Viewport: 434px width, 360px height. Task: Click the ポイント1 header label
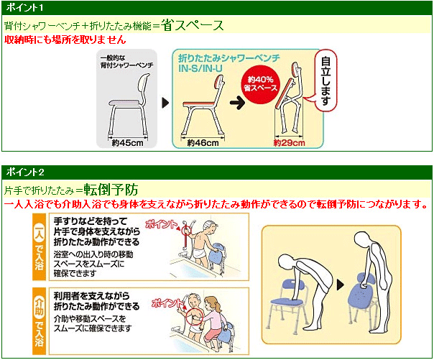pyautogui.click(x=24, y=7)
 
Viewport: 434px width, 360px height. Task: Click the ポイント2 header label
pyautogui.click(x=25, y=172)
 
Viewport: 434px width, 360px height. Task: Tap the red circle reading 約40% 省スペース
pyautogui.click(x=260, y=84)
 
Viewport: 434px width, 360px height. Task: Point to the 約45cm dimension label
pyautogui.click(x=128, y=143)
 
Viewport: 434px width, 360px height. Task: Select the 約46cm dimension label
pyautogui.click(x=203, y=143)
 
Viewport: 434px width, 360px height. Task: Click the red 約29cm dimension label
pyautogui.click(x=289, y=143)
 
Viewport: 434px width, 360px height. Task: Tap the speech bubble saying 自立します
pyautogui.click(x=324, y=80)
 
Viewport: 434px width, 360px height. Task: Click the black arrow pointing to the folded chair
pyautogui.click(x=237, y=103)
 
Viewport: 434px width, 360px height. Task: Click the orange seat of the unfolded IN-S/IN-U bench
pyautogui.click(x=199, y=103)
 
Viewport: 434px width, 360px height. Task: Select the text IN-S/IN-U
pyautogui.click(x=200, y=68)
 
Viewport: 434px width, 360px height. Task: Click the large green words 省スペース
pyautogui.click(x=192, y=25)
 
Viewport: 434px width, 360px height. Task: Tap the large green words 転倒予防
pyautogui.click(x=111, y=190)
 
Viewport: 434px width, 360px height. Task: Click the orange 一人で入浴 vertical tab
pyautogui.click(x=39, y=246)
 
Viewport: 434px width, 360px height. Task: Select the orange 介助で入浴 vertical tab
pyautogui.click(x=39, y=321)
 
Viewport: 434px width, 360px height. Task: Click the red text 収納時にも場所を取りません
pyautogui.click(x=65, y=40)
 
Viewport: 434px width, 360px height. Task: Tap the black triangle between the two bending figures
pyautogui.click(x=340, y=285)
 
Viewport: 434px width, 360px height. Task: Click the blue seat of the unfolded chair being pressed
pyautogui.click(x=287, y=301)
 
